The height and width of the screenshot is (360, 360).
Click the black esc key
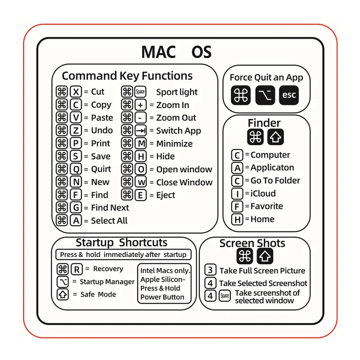point(288,95)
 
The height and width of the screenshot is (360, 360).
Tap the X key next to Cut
point(76,92)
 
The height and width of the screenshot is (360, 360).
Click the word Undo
point(102,130)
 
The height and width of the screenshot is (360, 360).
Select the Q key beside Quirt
point(76,169)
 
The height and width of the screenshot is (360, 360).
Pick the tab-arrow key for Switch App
point(141,131)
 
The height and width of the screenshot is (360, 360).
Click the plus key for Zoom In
point(141,105)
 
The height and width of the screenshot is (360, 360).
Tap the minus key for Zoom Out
point(141,118)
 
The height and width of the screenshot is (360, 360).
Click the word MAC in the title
point(158,52)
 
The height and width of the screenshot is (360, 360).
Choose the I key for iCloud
point(237,194)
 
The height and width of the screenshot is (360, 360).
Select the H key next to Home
point(237,220)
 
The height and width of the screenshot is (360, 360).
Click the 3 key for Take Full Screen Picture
point(210,270)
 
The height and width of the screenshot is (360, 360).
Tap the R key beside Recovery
point(76,269)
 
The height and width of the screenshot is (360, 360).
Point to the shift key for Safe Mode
point(63,295)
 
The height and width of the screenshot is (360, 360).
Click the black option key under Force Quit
point(265,95)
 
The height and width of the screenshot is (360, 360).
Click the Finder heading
point(264,123)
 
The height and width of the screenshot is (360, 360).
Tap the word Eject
point(166,195)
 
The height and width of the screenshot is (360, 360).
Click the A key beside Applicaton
point(237,168)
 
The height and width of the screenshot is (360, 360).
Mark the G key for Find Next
point(76,208)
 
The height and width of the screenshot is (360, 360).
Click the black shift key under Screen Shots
point(265,256)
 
